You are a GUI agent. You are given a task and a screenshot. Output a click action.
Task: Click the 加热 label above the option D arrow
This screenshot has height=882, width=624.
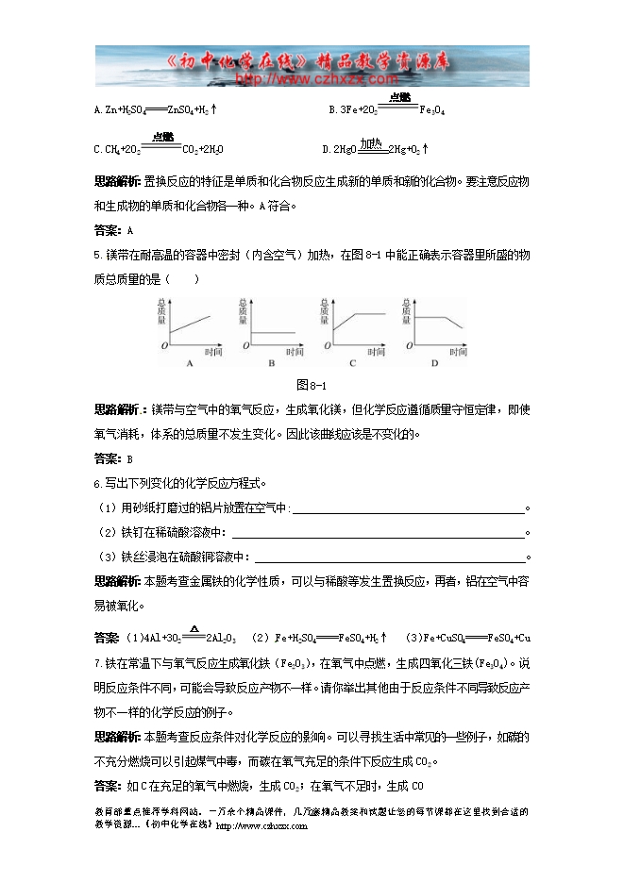[369, 142]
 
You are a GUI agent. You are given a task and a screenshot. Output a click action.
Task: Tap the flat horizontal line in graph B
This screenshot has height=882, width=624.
[273, 332]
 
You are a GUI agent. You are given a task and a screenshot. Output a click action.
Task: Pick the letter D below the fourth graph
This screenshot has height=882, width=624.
[435, 363]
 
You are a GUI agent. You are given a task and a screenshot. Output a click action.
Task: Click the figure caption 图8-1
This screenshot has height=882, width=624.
[311, 385]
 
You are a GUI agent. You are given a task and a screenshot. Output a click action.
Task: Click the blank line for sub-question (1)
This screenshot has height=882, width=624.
[409, 509]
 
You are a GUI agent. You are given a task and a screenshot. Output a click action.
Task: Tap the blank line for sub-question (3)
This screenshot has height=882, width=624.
[389, 557]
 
